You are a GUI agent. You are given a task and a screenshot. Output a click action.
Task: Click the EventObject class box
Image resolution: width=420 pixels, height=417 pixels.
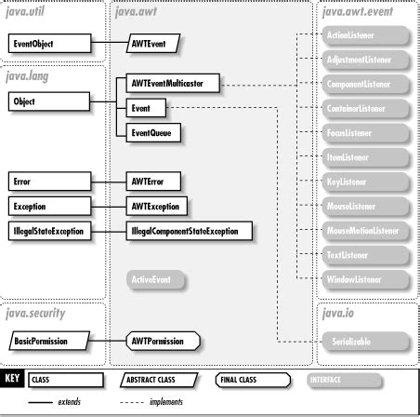(x=50, y=44)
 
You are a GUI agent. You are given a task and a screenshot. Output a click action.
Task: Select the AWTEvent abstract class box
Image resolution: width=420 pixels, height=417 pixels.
(x=151, y=44)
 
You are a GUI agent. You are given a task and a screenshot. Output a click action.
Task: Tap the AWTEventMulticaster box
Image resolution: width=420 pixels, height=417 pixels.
(x=167, y=84)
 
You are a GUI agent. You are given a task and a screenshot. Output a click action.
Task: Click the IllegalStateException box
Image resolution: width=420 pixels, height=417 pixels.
(x=50, y=229)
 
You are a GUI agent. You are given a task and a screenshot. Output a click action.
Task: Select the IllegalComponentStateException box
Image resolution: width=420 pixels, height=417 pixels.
(x=188, y=229)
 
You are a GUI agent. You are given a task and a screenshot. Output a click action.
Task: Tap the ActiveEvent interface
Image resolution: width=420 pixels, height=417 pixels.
(x=154, y=278)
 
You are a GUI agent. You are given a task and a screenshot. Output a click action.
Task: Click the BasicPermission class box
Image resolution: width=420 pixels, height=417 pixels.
(x=50, y=342)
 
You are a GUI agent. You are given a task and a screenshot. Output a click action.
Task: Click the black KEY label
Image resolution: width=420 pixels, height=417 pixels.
(x=14, y=380)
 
